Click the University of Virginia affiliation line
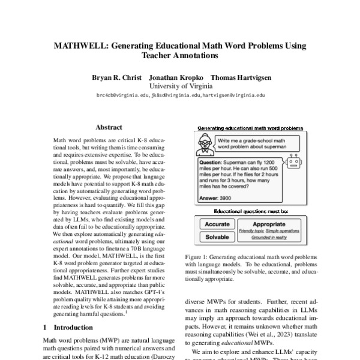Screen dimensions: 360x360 point(180,86)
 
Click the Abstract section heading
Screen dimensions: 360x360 point(109,127)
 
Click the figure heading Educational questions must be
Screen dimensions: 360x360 point(251,211)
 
